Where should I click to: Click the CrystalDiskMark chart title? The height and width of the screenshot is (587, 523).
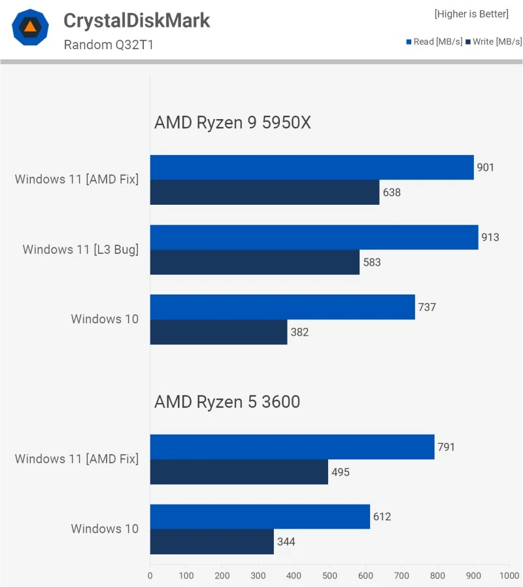(137, 20)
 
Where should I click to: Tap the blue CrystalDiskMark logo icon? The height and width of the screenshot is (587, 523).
(30, 27)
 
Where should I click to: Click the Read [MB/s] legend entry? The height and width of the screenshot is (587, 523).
(434, 41)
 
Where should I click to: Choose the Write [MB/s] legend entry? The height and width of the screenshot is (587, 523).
(493, 41)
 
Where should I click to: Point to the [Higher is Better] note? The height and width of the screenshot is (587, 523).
(471, 14)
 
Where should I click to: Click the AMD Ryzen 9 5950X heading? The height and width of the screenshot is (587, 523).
(232, 122)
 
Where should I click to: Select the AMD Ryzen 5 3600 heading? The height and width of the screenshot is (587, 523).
(227, 401)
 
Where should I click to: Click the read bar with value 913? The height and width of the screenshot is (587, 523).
(314, 237)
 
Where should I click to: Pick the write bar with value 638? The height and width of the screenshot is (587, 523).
(265, 192)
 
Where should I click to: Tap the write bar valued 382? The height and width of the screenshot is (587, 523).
(218, 332)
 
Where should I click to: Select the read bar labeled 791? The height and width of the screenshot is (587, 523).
(292, 447)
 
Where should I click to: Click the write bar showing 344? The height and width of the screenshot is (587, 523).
(212, 541)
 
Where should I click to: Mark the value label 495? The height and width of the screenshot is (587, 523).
(340, 472)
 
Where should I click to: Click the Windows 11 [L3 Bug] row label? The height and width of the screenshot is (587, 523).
(80, 249)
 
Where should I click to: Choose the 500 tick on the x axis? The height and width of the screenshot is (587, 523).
(329, 576)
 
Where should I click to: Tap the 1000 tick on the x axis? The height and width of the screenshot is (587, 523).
(509, 576)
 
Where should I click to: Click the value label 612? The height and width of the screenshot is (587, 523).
(382, 516)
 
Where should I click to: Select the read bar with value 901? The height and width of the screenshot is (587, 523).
(312, 168)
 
